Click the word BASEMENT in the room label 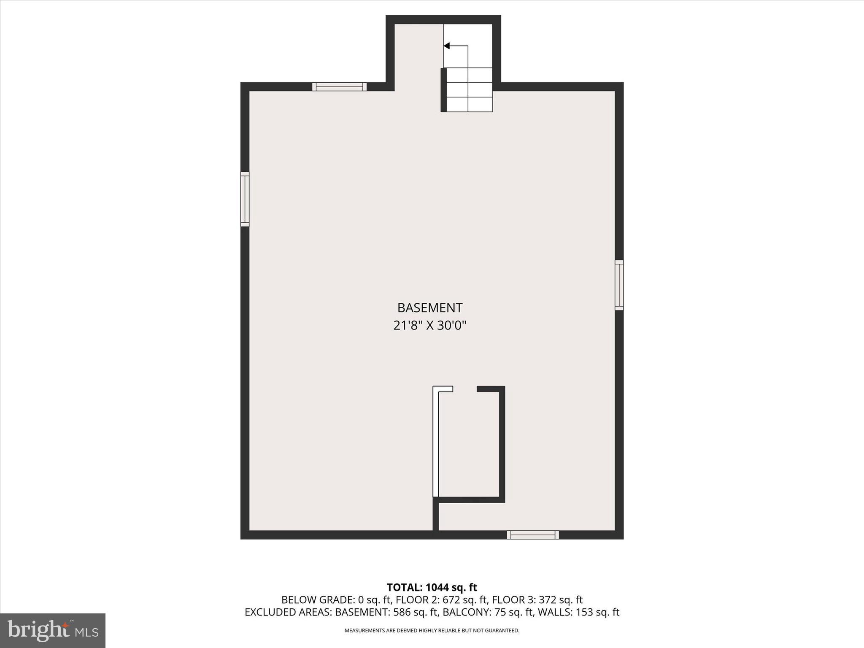[x=429, y=308]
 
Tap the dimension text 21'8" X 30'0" [x=429, y=326]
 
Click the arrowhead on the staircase [x=447, y=46]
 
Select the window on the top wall [x=339, y=87]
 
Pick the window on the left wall [x=245, y=199]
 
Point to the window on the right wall [x=619, y=285]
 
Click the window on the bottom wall [x=533, y=535]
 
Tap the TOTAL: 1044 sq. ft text [x=432, y=587]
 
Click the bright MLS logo [x=53, y=630]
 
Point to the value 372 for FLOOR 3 [x=547, y=600]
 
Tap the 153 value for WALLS [x=585, y=613]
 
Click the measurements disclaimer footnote [x=432, y=631]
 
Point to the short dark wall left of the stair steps [x=443, y=90]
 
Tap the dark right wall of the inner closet [x=502, y=443]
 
